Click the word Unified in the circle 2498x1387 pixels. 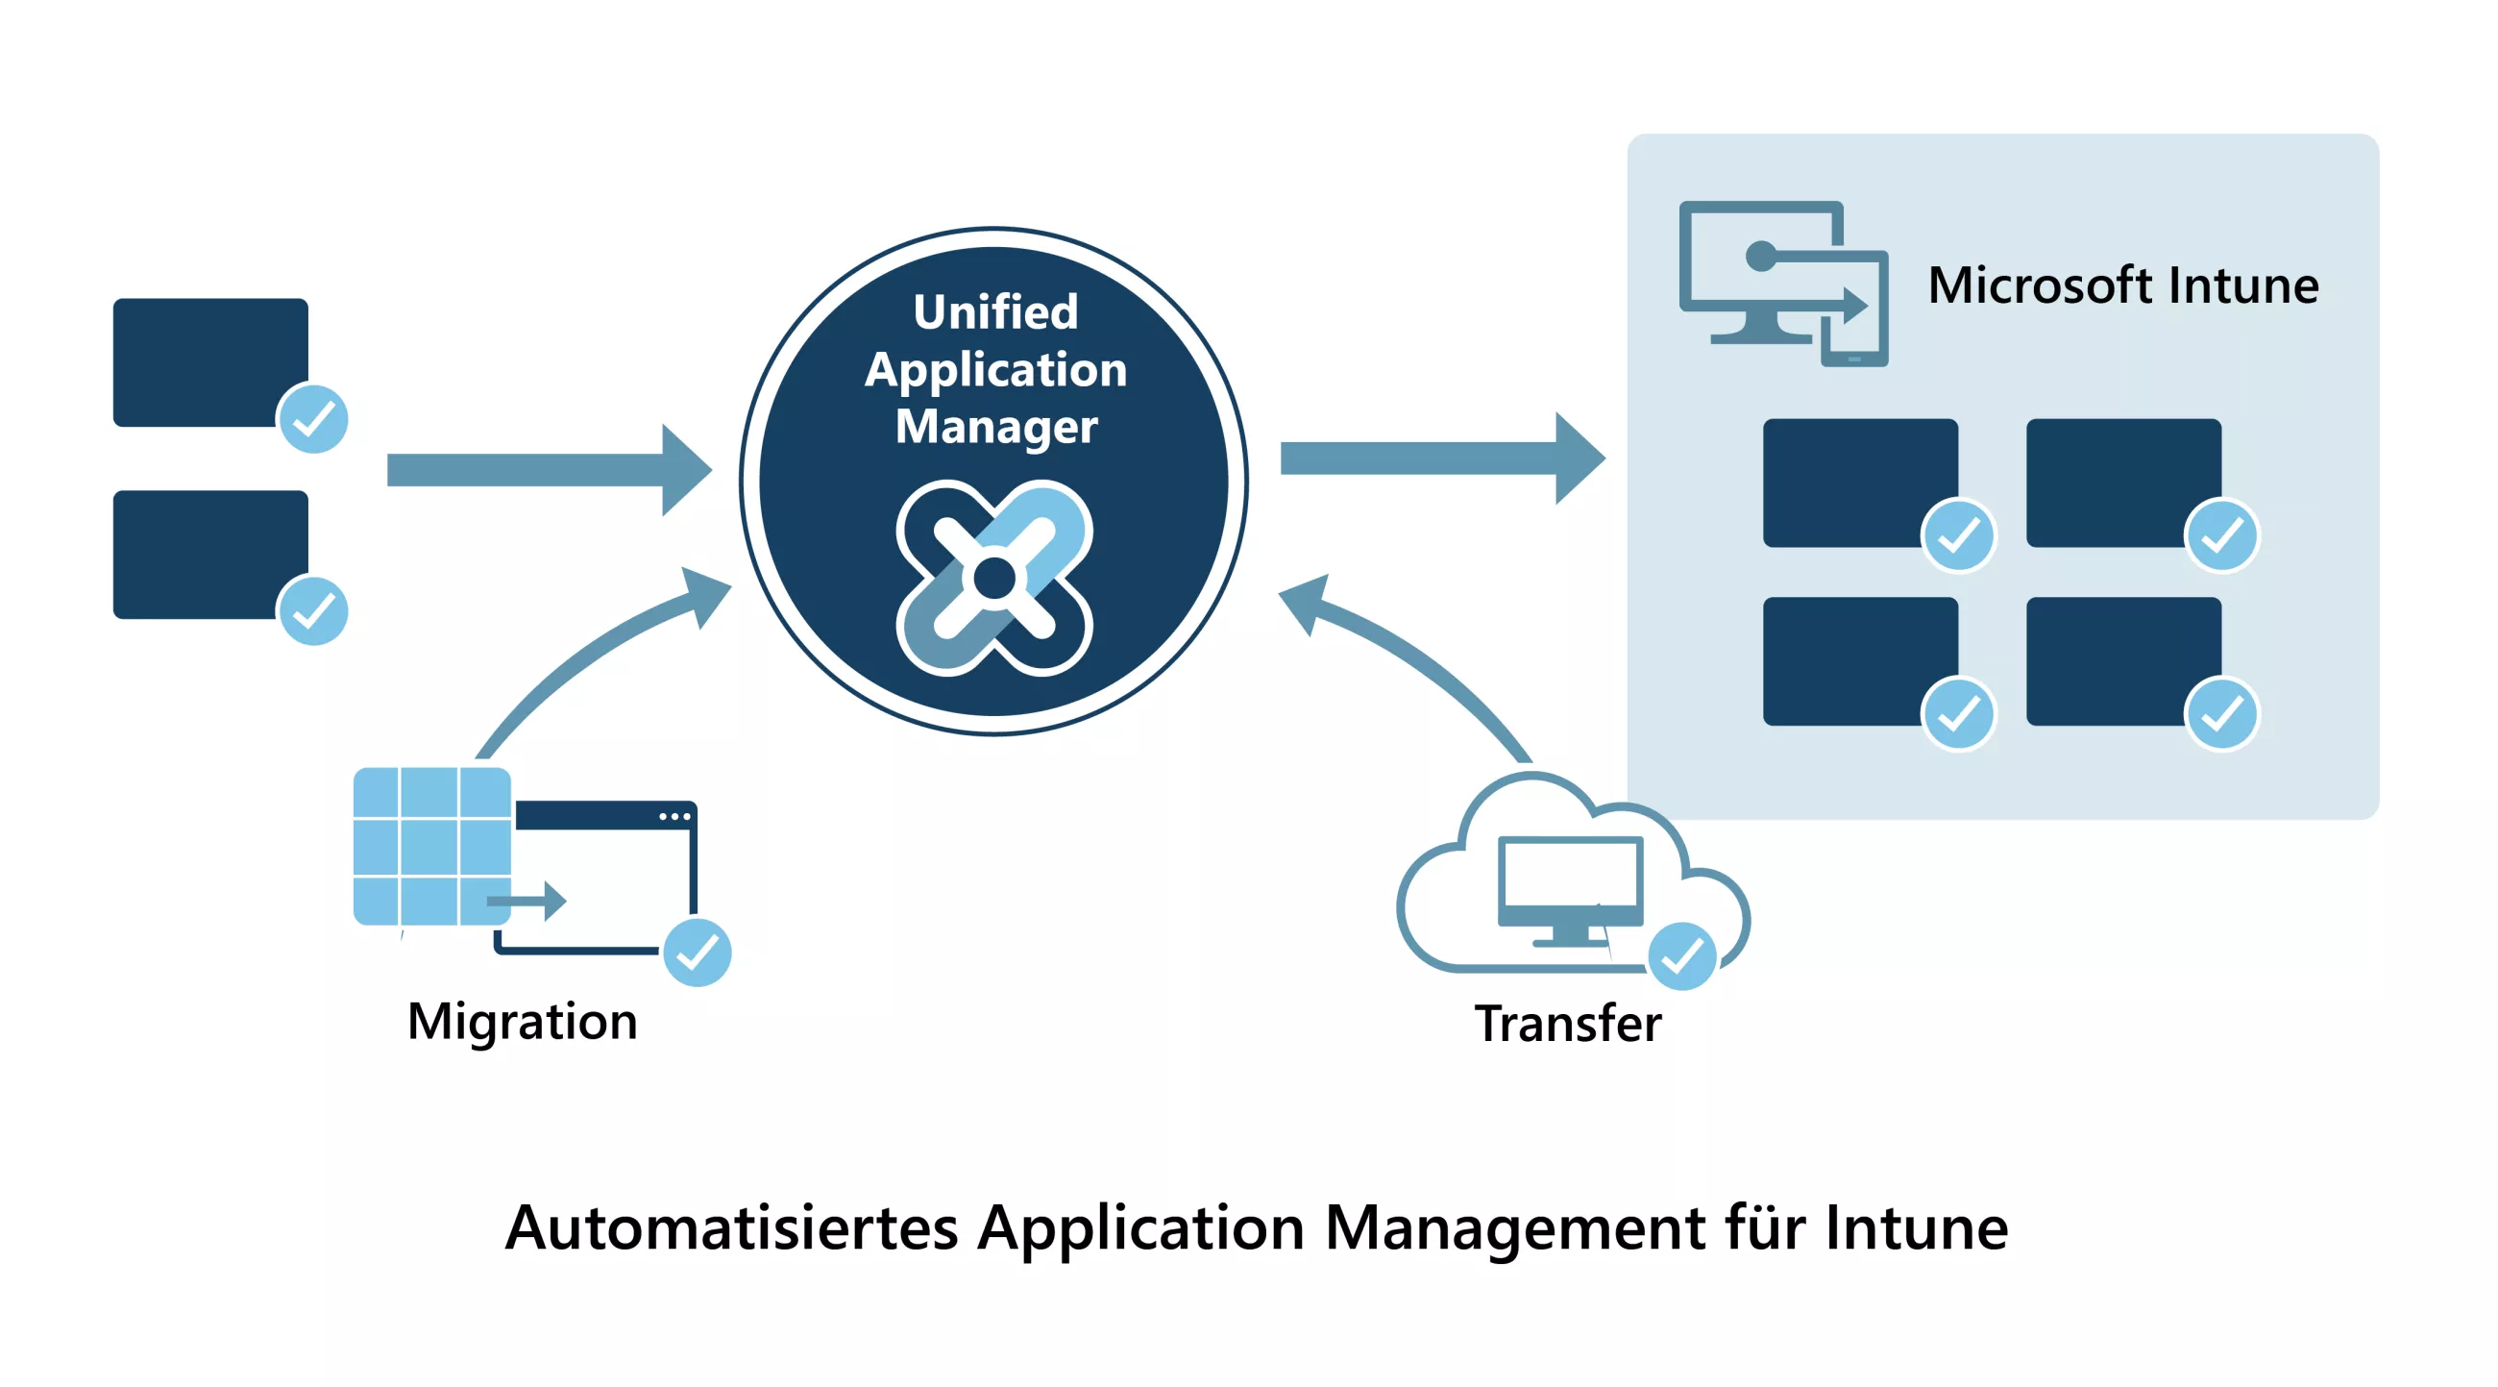click(995, 312)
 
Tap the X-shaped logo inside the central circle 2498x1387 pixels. click(994, 578)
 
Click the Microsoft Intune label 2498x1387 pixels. click(2121, 285)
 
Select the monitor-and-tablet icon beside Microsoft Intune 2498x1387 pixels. click(1782, 284)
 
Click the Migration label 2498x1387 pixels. click(522, 1022)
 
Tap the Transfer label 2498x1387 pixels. click(1567, 1024)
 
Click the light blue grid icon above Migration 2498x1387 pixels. click(431, 846)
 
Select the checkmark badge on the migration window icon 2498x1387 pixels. click(698, 952)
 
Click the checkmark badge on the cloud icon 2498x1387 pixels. click(1681, 956)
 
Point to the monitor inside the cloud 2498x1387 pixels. click(1570, 887)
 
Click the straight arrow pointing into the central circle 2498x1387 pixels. click(548, 469)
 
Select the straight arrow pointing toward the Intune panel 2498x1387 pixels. click(1441, 458)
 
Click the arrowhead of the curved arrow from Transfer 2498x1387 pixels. click(1307, 601)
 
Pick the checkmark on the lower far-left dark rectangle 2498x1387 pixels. click(313, 611)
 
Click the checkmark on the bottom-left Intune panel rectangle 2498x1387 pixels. click(1958, 714)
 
